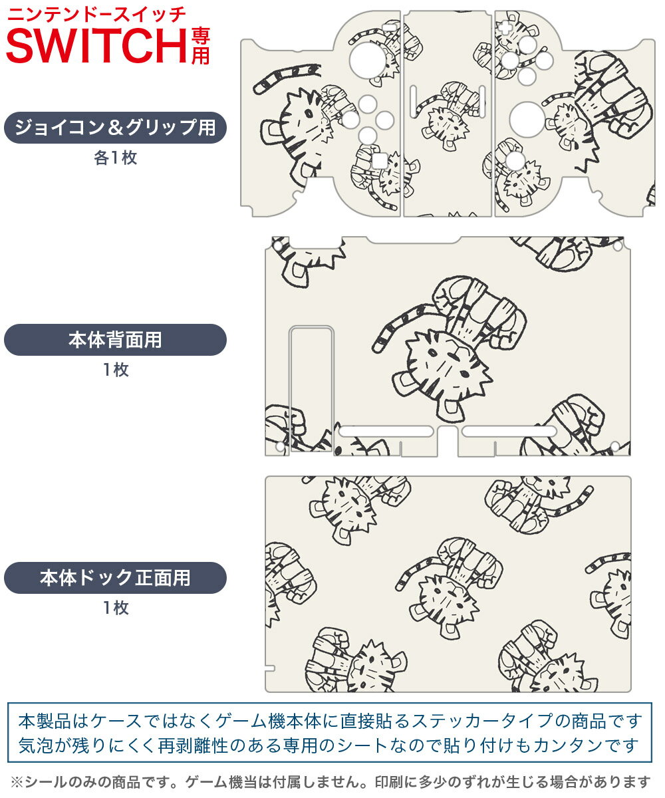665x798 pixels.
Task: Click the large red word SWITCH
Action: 96,45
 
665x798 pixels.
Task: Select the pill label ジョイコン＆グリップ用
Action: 115,128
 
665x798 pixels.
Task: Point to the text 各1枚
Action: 115,158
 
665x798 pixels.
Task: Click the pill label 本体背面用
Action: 115,340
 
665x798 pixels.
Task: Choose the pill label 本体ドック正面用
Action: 115,577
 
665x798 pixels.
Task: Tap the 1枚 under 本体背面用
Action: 115,370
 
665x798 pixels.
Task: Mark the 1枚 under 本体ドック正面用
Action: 115,607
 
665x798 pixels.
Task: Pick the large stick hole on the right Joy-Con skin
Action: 527,119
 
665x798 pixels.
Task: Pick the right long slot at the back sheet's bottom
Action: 509,432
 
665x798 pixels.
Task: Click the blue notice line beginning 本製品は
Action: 331,720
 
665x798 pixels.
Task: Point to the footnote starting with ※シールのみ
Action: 331,781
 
